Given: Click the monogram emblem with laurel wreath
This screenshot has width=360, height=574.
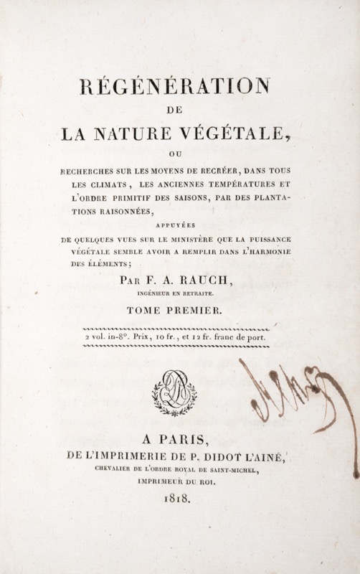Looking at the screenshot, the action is (174, 391).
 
